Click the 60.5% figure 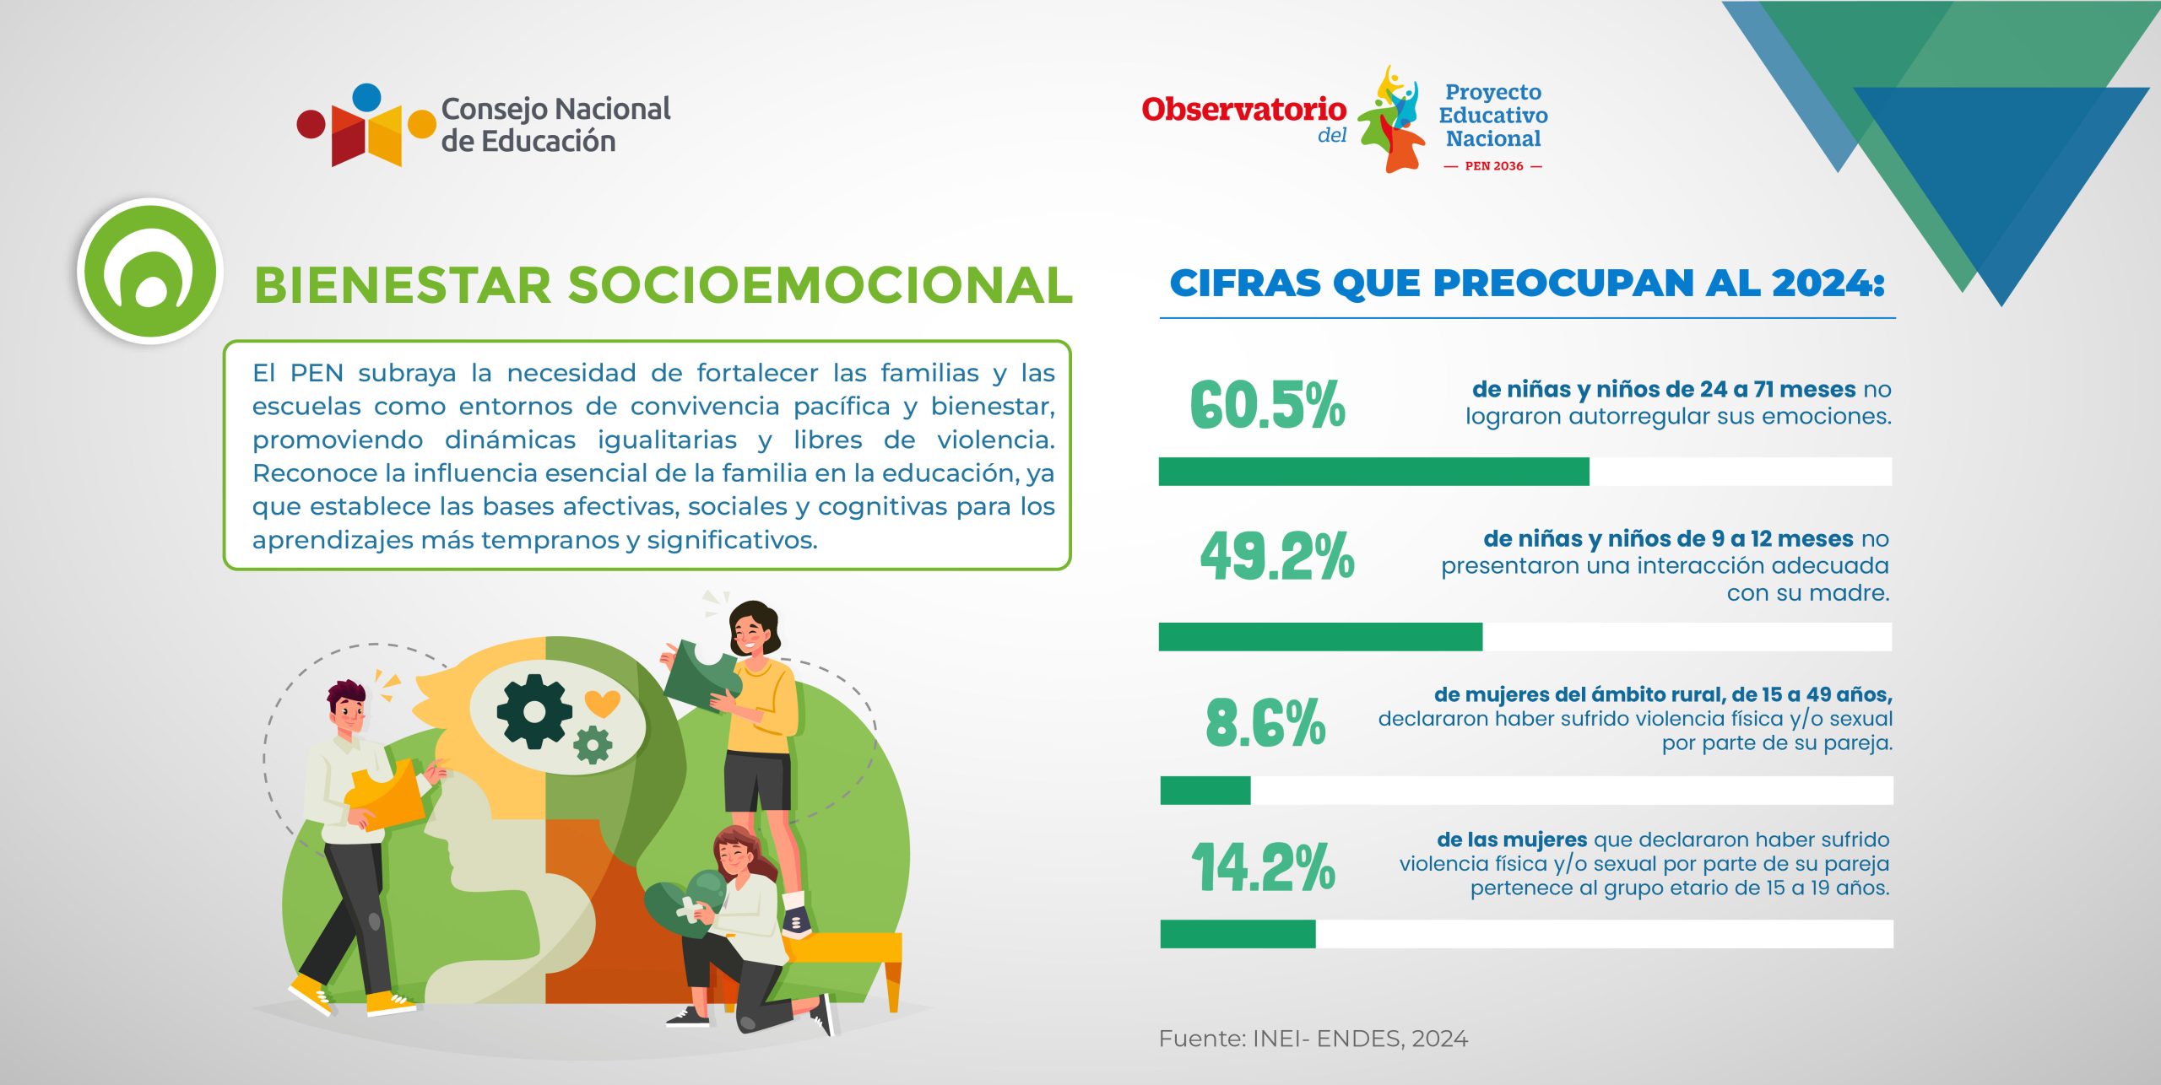[x=1267, y=404]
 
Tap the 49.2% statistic [x=1277, y=556]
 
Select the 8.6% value [x=1265, y=723]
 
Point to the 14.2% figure [x=1264, y=866]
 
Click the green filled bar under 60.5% [x=1373, y=472]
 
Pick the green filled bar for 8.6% [x=1205, y=791]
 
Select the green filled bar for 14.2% [x=1238, y=934]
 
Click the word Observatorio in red [x=1243, y=109]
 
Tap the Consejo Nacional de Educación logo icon [x=366, y=125]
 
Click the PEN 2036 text [x=1494, y=166]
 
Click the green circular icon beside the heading [x=150, y=271]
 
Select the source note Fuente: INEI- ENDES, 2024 [x=1313, y=1039]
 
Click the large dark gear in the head [x=533, y=711]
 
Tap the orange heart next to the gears [x=602, y=703]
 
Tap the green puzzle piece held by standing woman [x=702, y=675]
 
